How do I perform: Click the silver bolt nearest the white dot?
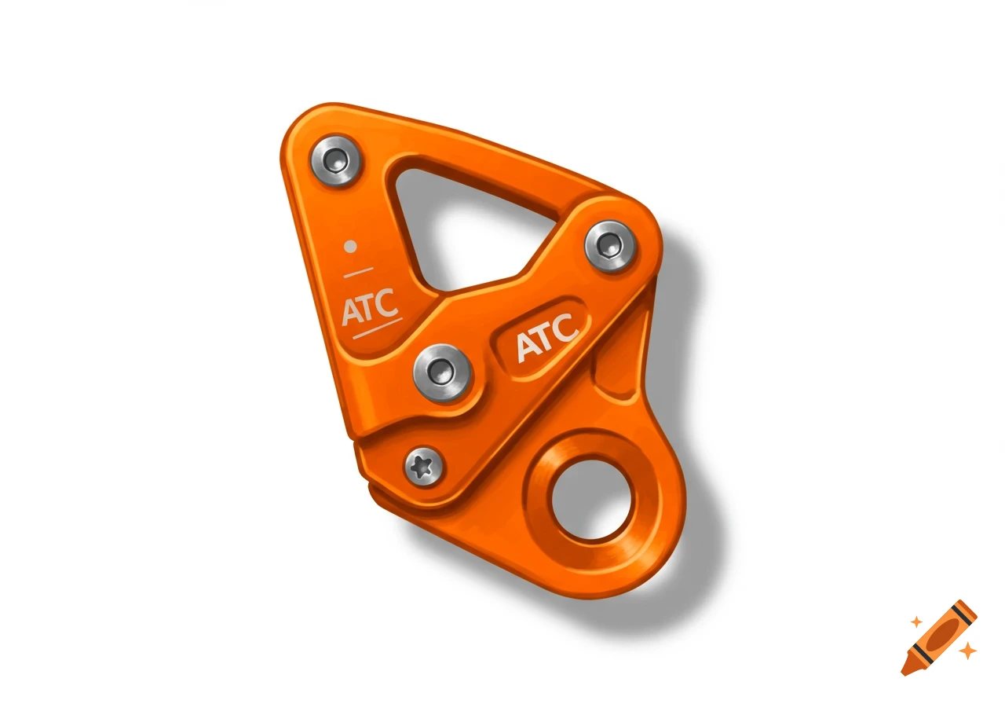pos(336,160)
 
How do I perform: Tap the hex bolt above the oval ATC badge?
pos(610,246)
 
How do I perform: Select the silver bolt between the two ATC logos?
pos(442,370)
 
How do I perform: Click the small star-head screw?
pos(424,467)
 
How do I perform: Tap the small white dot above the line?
pos(351,246)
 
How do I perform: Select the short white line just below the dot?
pos(359,273)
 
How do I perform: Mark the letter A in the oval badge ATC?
pos(527,349)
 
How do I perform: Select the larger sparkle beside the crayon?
pos(968,651)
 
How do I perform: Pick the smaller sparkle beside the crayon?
pos(915,622)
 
